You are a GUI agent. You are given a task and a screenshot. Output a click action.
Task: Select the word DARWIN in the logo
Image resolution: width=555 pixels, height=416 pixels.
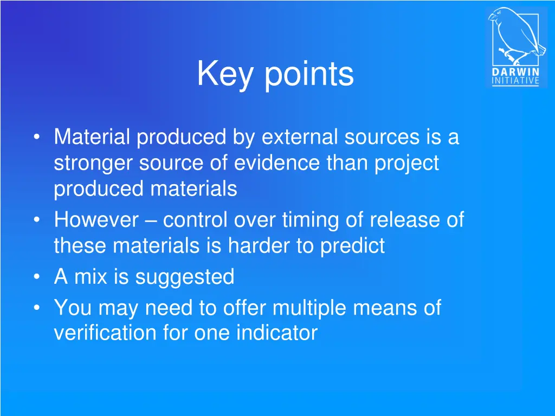tap(515, 72)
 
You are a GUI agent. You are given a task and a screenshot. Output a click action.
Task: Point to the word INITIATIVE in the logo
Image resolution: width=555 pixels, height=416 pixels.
tap(515, 81)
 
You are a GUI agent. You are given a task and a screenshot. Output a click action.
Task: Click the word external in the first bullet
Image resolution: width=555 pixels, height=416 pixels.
tap(300, 137)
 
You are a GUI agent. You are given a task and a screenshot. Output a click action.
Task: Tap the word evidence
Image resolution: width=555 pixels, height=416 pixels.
tap(275, 163)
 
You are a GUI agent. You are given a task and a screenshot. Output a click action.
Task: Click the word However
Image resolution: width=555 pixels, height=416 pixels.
tap(96, 220)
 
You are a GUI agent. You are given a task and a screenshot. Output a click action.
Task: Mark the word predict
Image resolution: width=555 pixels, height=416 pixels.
tap(353, 246)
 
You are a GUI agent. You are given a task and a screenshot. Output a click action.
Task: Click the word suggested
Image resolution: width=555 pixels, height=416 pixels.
tap(185, 277)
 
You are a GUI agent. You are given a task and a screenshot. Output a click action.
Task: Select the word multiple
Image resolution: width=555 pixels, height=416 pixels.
tap(309, 308)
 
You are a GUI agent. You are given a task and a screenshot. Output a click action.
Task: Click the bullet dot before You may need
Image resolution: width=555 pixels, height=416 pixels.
tap(36, 309)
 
